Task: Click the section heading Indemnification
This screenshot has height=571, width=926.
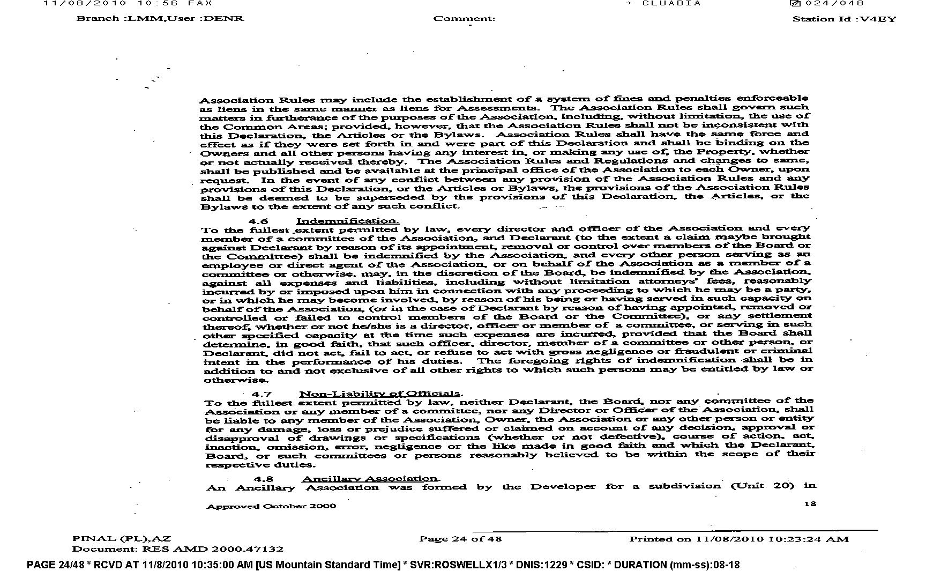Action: click(x=347, y=221)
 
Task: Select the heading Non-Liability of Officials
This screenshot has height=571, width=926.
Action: click(x=380, y=394)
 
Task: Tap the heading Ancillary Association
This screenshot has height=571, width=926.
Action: click(x=370, y=478)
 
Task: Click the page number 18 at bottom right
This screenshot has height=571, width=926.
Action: click(x=810, y=503)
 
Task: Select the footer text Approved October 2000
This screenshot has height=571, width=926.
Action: click(x=271, y=506)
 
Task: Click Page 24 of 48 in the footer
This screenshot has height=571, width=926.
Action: click(x=460, y=538)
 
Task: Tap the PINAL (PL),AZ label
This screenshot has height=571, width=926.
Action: click(x=122, y=538)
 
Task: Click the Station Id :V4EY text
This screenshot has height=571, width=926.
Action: click(x=844, y=19)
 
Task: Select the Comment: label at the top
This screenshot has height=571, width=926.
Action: click(x=464, y=19)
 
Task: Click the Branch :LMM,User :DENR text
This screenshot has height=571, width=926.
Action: click(x=160, y=18)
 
